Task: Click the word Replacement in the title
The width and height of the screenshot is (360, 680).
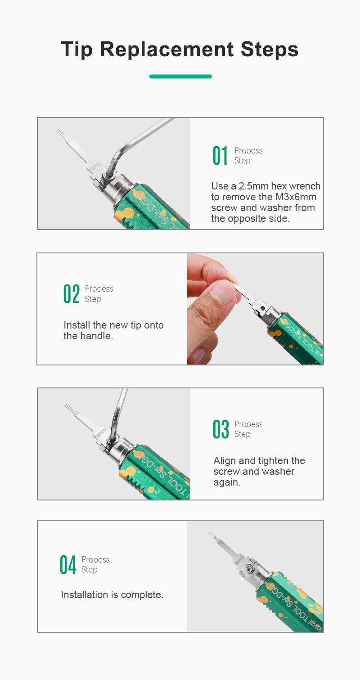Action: tap(167, 49)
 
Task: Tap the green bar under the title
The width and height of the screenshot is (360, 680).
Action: tap(180, 77)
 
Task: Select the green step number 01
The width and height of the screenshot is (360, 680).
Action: tap(220, 155)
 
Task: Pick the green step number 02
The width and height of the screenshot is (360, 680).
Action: tap(72, 293)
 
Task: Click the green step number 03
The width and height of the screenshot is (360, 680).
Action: tap(220, 429)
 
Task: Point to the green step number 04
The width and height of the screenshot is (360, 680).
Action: tap(67, 564)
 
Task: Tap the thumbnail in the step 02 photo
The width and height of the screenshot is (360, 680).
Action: tap(223, 293)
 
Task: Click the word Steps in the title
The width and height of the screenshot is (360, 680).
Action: tap(270, 49)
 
